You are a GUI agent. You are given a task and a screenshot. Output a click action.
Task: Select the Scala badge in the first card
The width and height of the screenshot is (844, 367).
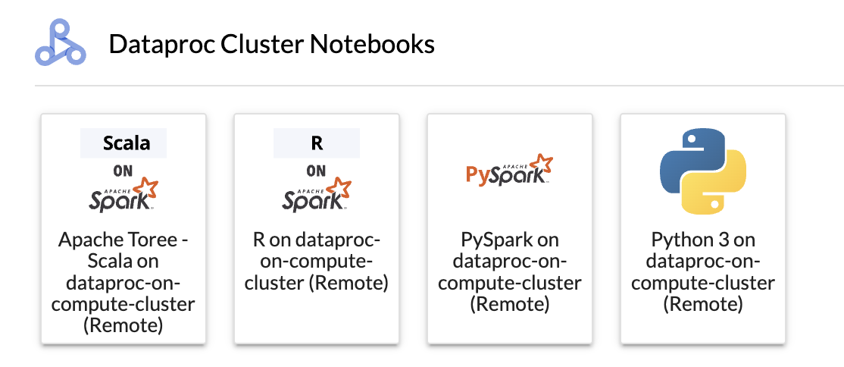pyautogui.click(x=123, y=143)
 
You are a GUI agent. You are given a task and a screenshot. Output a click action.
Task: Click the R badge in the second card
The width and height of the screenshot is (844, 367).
pyautogui.click(x=317, y=143)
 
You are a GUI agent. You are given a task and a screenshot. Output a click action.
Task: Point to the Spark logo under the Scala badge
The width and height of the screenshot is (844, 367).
pyautogui.click(x=123, y=195)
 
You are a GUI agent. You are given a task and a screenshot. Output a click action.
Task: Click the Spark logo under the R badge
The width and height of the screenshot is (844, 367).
pyautogui.click(x=317, y=195)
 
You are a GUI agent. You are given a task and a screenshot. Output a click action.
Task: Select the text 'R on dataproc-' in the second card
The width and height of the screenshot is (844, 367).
pyautogui.click(x=317, y=240)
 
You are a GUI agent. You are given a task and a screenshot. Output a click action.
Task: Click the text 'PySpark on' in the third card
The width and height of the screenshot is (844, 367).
pyautogui.click(x=510, y=240)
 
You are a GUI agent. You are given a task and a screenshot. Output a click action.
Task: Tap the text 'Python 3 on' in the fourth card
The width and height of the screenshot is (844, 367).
pyautogui.click(x=703, y=240)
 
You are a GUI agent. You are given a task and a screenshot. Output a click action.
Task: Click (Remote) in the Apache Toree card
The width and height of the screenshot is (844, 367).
pyautogui.click(x=123, y=325)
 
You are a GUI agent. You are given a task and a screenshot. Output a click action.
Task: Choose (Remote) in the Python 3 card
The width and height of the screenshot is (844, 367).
pyautogui.click(x=703, y=304)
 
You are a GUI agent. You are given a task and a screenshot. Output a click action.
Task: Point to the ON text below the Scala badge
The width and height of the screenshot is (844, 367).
pyautogui.click(x=123, y=171)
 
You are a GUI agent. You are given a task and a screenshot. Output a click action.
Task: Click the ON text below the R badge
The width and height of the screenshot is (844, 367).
pyautogui.click(x=317, y=171)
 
